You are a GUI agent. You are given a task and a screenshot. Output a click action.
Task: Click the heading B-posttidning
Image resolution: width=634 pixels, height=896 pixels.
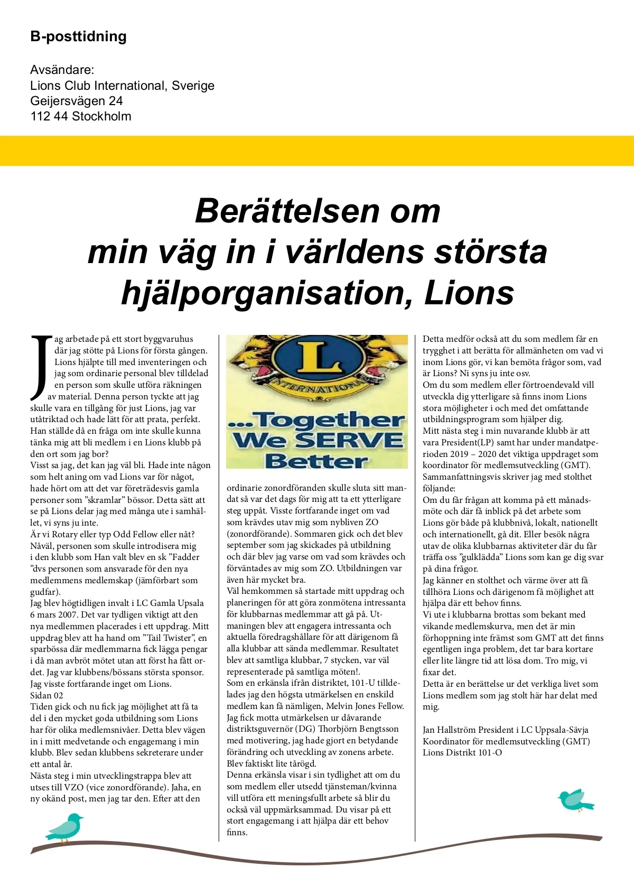(78, 36)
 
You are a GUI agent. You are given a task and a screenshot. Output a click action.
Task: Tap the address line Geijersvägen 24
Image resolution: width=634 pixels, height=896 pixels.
(77, 101)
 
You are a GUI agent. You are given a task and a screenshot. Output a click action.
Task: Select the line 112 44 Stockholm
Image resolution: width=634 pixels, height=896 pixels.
(81, 116)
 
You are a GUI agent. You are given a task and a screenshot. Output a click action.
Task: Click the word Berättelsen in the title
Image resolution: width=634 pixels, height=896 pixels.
(287, 211)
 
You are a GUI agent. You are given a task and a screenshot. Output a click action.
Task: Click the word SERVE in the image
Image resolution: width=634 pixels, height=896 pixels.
(349, 440)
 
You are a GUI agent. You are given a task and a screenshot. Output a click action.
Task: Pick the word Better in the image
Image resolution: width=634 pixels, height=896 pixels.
(316, 461)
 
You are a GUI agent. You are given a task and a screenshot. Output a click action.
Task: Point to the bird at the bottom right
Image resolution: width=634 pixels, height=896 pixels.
(575, 800)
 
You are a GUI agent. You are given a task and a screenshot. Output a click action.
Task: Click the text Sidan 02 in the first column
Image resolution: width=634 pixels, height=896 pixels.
(46, 695)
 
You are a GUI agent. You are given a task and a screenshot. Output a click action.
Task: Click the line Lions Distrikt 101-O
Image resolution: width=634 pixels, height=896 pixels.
(462, 752)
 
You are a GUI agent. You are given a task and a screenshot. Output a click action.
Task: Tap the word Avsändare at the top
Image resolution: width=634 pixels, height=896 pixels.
(62, 70)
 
